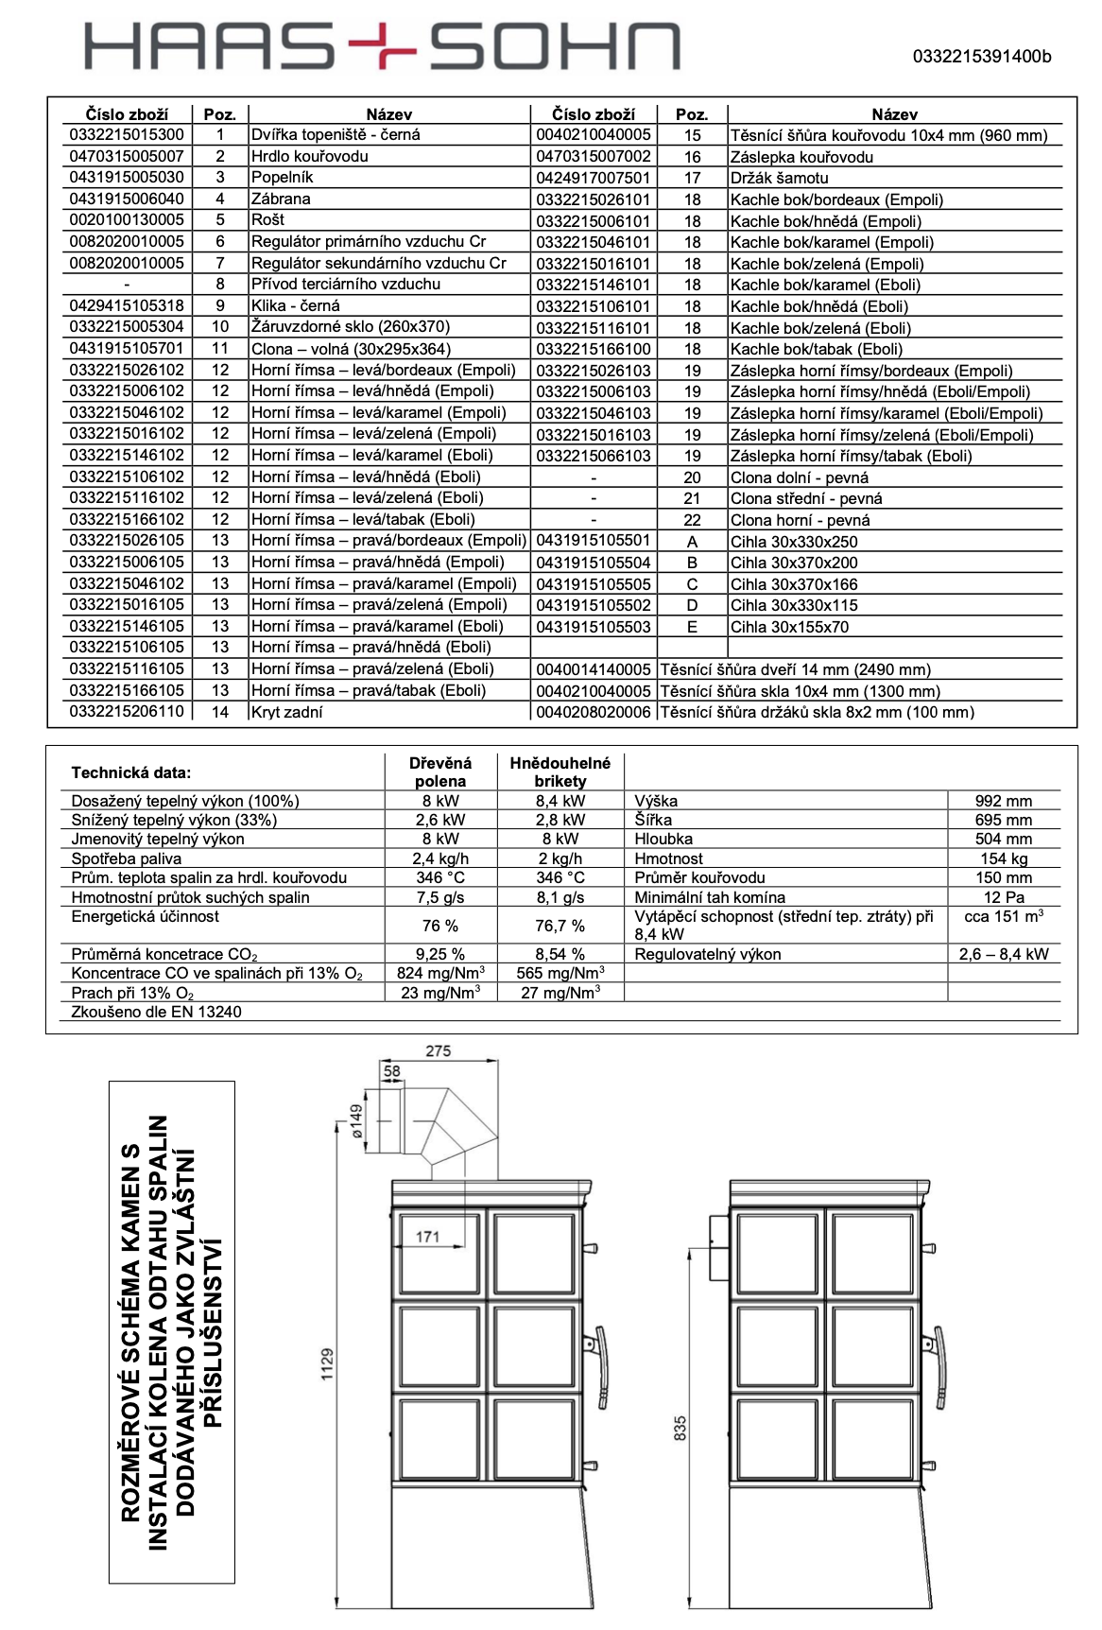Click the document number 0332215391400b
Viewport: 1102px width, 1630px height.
981,57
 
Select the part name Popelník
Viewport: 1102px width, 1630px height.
282,178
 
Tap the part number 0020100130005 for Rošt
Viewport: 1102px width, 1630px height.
127,220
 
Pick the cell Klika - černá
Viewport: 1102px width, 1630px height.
295,306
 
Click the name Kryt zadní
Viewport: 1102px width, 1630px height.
286,712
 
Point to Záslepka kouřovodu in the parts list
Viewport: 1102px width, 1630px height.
801,157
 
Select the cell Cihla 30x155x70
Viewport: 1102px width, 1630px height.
789,627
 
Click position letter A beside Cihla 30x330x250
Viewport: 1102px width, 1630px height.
692,542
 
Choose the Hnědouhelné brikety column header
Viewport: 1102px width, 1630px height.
560,772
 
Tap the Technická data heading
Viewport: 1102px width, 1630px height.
131,772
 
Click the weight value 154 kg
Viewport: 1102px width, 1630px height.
1004,858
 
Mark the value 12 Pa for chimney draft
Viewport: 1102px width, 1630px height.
1004,897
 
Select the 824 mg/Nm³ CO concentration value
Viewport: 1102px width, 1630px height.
440,973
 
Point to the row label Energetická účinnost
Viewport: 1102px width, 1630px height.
145,916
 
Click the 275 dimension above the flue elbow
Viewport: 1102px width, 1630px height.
439,1051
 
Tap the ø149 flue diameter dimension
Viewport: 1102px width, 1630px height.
357,1121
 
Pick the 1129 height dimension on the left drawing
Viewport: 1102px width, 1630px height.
327,1364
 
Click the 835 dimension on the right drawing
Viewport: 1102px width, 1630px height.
680,1428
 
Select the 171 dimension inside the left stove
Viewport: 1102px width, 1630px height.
427,1237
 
